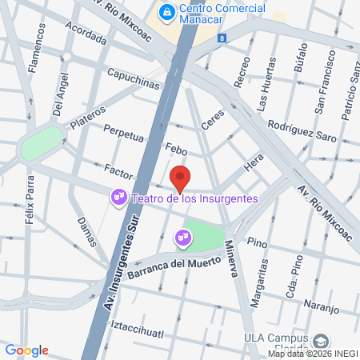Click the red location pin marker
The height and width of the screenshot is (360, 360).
tap(180, 178)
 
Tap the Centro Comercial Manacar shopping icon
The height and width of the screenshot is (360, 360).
tap(166, 11)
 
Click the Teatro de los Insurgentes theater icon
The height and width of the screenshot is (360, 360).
tap(118, 196)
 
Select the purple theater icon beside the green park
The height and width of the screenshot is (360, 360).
tap(182, 237)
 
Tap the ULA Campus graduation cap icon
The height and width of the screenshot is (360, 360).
tap(321, 340)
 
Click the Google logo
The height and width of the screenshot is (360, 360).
tap(26, 350)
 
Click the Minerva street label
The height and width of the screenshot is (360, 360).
tap(230, 258)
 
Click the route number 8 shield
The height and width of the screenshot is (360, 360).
tap(220, 38)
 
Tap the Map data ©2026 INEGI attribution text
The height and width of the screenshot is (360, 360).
tap(313, 354)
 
